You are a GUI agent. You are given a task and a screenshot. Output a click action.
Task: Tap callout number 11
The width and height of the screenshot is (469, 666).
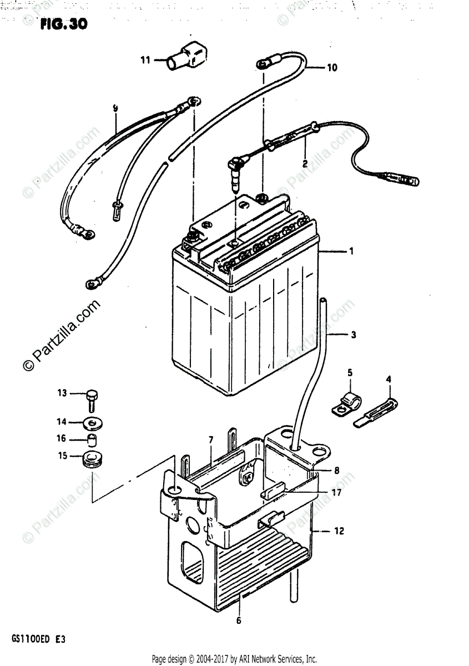click(145, 60)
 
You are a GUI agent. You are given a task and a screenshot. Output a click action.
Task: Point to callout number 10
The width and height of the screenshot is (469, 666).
click(331, 69)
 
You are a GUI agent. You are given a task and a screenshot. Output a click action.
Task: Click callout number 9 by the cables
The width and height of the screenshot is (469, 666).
click(115, 109)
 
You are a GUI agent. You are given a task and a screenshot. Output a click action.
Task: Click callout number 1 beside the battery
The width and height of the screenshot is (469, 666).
click(351, 251)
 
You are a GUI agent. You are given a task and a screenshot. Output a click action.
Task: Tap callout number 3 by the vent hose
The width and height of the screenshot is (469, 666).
click(353, 335)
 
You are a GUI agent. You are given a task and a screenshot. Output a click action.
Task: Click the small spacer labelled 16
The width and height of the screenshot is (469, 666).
click(92, 441)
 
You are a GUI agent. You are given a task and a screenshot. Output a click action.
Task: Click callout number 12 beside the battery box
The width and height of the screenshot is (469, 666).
click(339, 531)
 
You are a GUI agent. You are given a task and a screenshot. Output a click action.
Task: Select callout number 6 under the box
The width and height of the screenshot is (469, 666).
click(239, 620)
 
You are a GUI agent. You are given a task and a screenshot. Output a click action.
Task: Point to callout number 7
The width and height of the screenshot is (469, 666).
click(211, 440)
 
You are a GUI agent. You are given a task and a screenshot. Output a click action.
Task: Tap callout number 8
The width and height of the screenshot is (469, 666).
click(336, 471)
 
